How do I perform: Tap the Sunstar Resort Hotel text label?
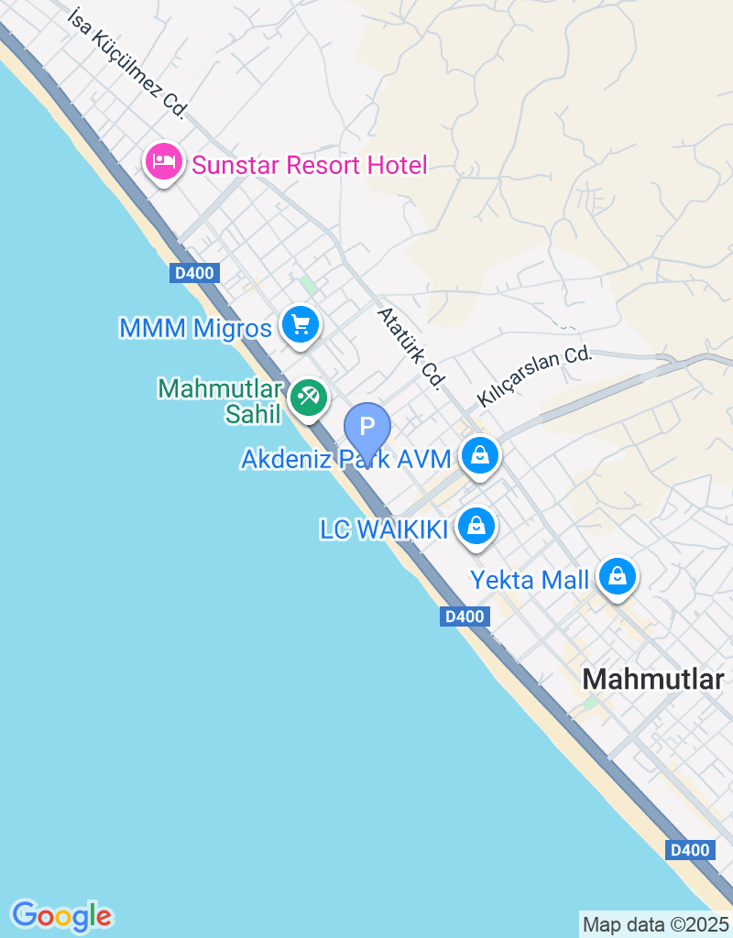[309, 166]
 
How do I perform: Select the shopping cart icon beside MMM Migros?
[300, 324]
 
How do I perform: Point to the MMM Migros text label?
[195, 328]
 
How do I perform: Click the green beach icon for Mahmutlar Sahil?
[309, 398]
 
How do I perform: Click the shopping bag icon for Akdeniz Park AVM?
[478, 453]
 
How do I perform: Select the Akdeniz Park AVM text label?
[346, 458]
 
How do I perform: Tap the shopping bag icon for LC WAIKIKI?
[476, 526]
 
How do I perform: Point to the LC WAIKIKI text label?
[383, 529]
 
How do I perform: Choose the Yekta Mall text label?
[530, 580]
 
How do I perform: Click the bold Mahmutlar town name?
[652, 679]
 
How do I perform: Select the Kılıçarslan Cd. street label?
[534, 377]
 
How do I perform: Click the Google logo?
[61, 915]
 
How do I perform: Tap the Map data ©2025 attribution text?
[656, 924]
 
